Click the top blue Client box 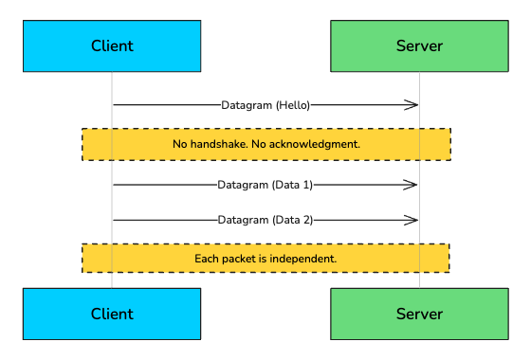pos(112,45)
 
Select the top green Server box pos(419,45)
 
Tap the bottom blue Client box pos(112,314)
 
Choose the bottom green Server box pos(419,314)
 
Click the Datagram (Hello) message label pos(265,104)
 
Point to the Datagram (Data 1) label pos(265,185)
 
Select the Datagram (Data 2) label pos(265,220)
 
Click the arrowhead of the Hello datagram pos(413,104)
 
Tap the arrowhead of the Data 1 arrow pos(413,185)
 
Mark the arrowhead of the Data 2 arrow pos(413,220)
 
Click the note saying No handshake pos(265,144)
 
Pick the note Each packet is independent pos(265,258)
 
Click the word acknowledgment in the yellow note pos(320,144)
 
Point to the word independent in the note pos(305,258)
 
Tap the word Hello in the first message pos(293,104)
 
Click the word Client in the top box pos(112,45)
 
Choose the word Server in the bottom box pos(419,314)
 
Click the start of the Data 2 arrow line pos(114,220)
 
